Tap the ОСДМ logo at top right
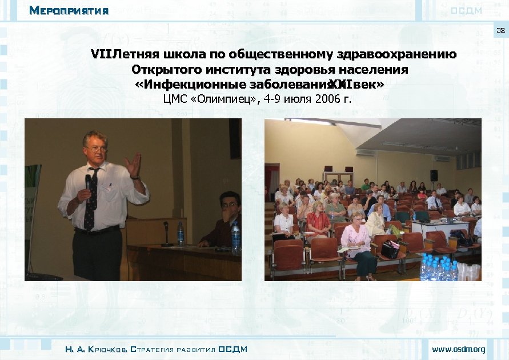pyautogui.click(x=466, y=11)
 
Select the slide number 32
pyautogui.click(x=500, y=30)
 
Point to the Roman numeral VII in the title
pyautogui.click(x=102, y=55)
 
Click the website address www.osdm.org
pyautogui.click(x=458, y=349)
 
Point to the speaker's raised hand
pyautogui.click(x=133, y=165)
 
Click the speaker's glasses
pyautogui.click(x=97, y=149)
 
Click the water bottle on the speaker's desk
pyautogui.click(x=181, y=234)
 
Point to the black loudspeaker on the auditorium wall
pyautogui.click(x=434, y=175)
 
